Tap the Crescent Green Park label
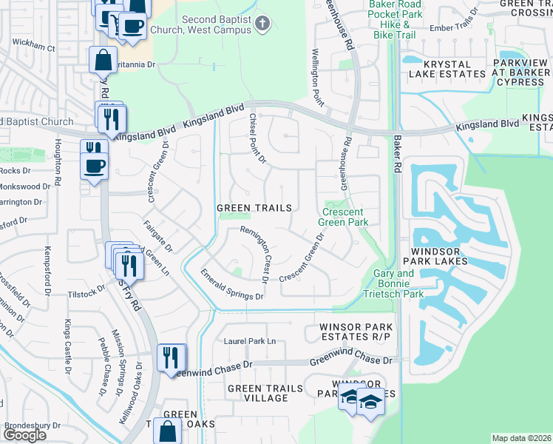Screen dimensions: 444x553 [343, 215]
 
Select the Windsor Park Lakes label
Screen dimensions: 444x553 [440, 256]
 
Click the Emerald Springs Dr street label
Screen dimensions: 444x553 [231, 284]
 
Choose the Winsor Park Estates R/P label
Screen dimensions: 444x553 [354, 332]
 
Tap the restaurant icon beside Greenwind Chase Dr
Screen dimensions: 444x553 [169, 357]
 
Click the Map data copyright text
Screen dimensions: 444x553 [521, 438]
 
